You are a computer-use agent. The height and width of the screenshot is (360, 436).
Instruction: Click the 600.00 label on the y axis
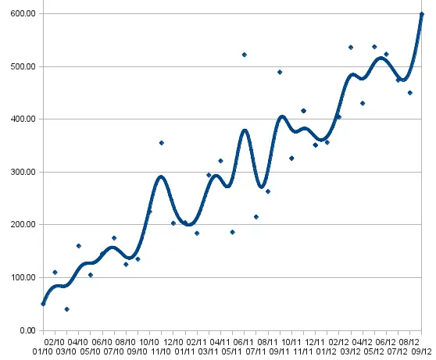23,13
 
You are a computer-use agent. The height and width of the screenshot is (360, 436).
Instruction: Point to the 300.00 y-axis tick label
23,172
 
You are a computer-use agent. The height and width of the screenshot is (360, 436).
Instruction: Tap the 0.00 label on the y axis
28,330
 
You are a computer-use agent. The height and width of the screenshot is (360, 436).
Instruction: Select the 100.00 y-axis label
23,277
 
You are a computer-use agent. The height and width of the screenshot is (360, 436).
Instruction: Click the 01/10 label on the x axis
42,351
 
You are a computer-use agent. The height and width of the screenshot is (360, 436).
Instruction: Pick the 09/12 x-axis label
421,351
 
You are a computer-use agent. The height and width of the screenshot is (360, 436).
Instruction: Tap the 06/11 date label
243,342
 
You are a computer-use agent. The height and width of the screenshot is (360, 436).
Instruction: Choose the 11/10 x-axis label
161,351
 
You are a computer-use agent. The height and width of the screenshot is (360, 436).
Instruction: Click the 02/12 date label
338,342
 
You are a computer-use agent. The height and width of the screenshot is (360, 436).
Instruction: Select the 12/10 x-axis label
173,342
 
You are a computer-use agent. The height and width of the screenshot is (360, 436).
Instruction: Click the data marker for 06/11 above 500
245,55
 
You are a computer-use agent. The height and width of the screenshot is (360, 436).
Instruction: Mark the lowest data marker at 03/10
66,309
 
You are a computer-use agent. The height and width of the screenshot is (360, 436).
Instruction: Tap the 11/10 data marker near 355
162,143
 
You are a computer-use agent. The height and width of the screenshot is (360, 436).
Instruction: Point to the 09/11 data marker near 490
280,73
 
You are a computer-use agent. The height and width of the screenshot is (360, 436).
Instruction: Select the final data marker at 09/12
421,14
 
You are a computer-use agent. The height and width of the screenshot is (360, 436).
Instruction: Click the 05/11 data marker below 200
233,232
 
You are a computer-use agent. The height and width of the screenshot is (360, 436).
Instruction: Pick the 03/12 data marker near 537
351,48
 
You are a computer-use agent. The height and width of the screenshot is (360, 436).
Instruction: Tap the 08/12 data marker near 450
410,93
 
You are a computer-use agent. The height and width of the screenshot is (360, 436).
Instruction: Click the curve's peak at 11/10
161,176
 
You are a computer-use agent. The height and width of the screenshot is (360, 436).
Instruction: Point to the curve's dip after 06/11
262,187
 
